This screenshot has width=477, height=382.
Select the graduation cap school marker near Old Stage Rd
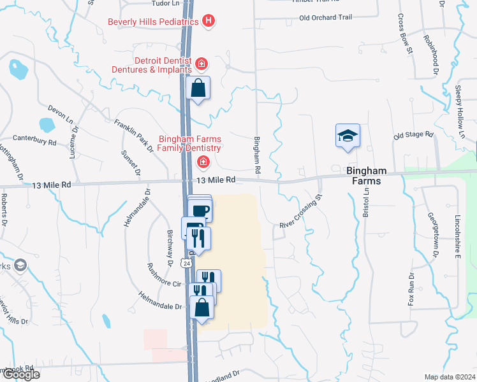click(x=348, y=136)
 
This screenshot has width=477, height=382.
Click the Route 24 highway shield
click(x=186, y=262)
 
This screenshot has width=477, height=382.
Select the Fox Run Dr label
click(x=411, y=288)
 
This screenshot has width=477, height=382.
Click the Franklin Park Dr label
click(x=133, y=134)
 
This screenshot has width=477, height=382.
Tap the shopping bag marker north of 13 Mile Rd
click(x=198, y=88)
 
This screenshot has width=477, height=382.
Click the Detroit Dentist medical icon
click(x=201, y=64)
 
